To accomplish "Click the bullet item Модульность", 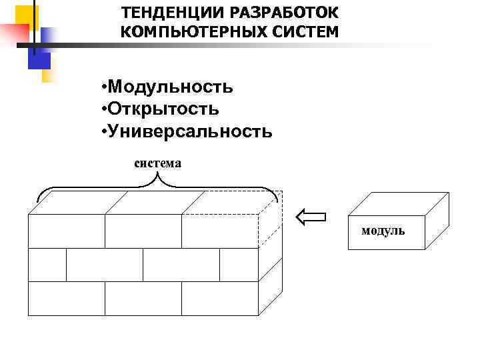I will tap(170, 87).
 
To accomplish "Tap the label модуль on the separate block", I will tap(383, 231).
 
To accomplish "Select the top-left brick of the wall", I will tap(66, 231).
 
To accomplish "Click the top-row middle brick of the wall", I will tap(143, 231).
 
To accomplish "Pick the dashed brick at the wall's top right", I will tap(220, 231).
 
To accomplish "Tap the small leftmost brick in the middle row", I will tap(47, 265).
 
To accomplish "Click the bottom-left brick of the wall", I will tap(66, 298).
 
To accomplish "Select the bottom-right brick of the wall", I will tap(220, 298).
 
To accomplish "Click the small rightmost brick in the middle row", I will tap(239, 265).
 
